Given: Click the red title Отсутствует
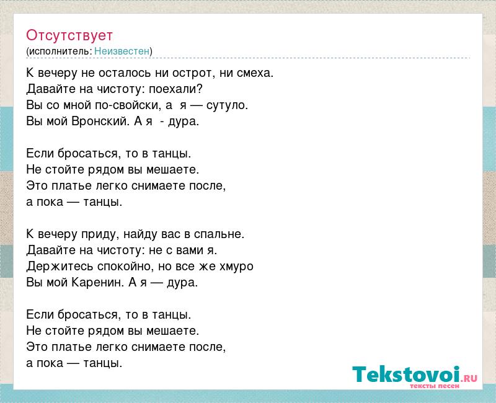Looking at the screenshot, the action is pos(69,35).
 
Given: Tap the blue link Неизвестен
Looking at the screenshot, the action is pos(122,51).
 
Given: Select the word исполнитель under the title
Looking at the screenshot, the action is pos(60,51).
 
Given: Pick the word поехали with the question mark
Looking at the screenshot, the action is pos(175,89).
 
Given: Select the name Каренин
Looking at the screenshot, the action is pos(97,282).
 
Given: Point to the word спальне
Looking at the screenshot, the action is pos(219,234).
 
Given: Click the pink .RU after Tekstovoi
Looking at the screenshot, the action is pos(469,378).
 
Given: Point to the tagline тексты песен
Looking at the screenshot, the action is pos(435,386).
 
